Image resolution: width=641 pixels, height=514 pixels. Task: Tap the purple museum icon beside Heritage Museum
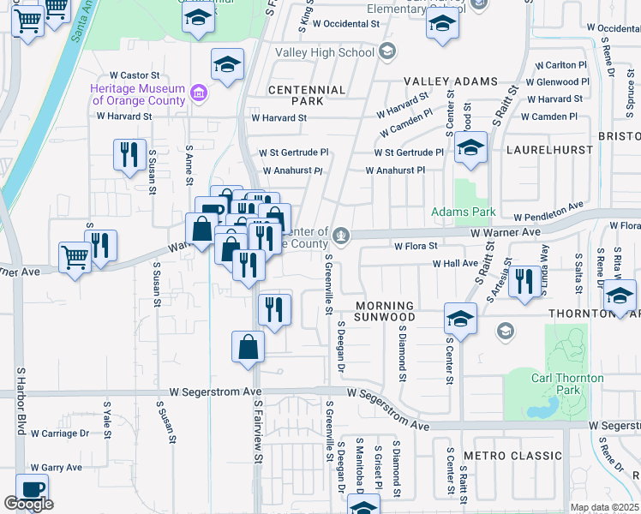(199, 93)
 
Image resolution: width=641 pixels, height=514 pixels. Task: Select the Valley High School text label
(326, 52)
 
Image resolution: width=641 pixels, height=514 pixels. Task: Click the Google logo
(28, 504)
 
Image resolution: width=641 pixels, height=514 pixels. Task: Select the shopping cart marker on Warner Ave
(75, 256)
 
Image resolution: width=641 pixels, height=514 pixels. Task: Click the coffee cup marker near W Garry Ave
(32, 489)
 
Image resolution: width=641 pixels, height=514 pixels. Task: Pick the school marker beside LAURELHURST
(470, 147)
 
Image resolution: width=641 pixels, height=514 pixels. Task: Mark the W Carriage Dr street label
(60, 433)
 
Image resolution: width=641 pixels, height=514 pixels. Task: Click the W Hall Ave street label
(455, 264)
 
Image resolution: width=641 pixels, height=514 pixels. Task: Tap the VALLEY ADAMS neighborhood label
(451, 81)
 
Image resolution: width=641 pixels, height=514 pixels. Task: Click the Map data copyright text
(604, 507)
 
